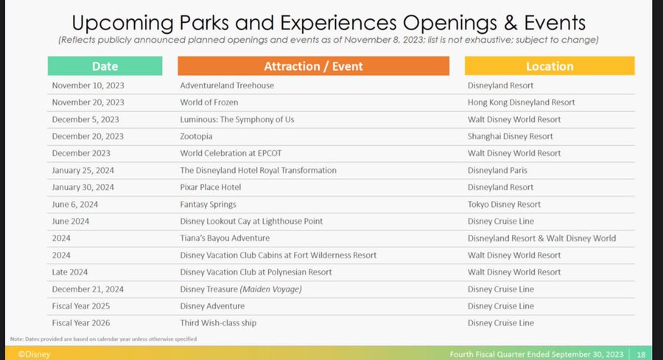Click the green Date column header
tap(105, 66)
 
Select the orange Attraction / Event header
tap(313, 66)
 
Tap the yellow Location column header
tap(550, 66)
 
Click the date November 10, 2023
tap(88, 85)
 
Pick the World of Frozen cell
tap(209, 102)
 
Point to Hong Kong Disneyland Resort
tap(521, 102)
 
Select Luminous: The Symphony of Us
tap(236, 119)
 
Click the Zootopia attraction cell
tap(196, 136)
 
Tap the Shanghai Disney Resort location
tap(510, 136)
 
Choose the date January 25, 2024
tap(83, 170)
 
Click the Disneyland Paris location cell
tap(497, 170)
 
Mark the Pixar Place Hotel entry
tap(210, 187)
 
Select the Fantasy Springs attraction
tap(208, 205)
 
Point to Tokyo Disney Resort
tap(504, 205)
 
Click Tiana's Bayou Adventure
tap(225, 239)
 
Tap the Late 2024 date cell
tap(70, 272)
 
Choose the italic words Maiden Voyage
tap(271, 289)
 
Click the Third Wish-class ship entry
tap(218, 322)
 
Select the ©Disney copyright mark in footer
tap(34, 354)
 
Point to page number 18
tap(641, 355)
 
